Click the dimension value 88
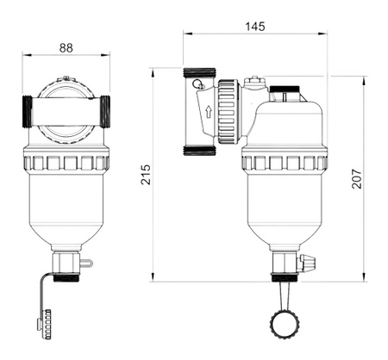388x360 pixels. click(66, 49)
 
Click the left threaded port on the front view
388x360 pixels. click(25, 111)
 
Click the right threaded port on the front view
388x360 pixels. click(109, 111)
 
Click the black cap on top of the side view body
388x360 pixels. click(285, 88)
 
